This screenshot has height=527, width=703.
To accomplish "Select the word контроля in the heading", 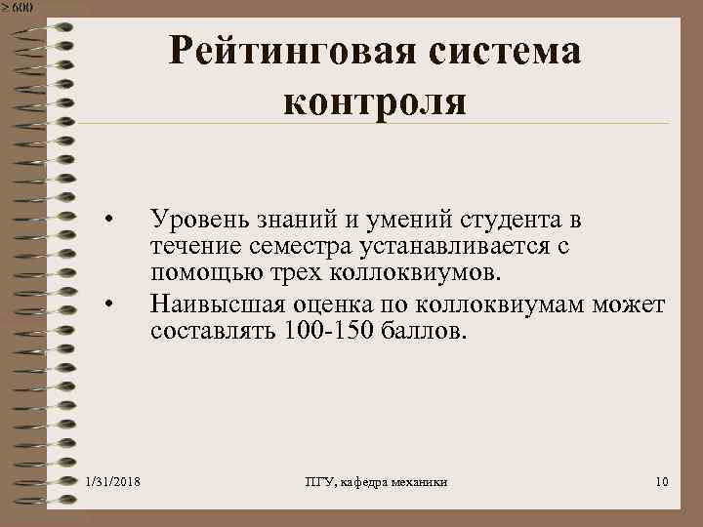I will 376,100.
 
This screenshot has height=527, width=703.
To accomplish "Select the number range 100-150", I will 328,329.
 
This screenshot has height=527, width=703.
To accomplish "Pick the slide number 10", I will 662,482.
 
